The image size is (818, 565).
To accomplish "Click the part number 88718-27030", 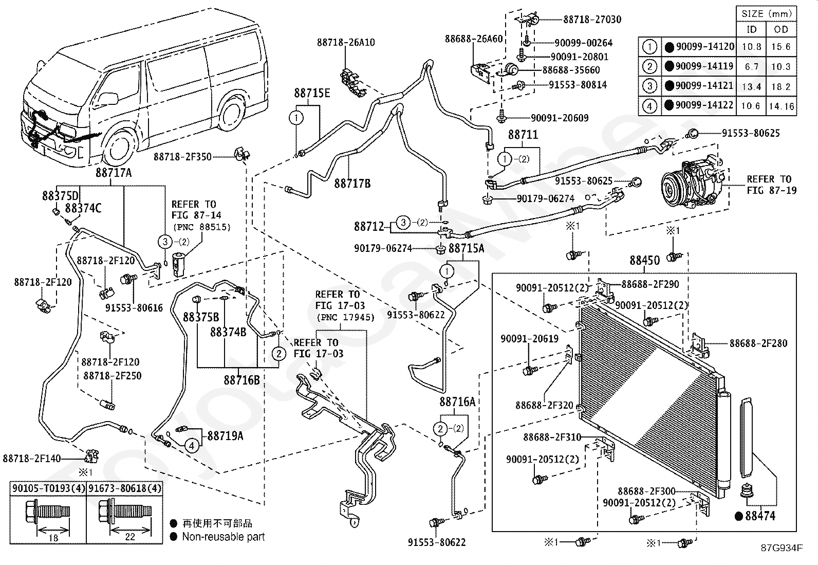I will point(592,20).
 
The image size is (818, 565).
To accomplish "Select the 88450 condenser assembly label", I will point(645,261).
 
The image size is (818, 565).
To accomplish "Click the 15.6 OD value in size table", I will point(781,47).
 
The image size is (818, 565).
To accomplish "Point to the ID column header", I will point(752,29).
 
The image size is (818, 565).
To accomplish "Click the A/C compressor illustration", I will point(694,183).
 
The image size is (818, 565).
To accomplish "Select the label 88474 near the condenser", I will point(760,515).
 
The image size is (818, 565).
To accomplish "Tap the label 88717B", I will point(352,184).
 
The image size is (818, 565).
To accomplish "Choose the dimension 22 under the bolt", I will point(130,537).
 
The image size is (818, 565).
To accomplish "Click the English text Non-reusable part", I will point(224,537).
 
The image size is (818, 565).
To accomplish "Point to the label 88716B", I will point(241,380).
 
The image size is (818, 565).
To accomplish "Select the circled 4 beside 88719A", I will point(191,445).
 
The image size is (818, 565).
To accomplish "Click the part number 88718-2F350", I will point(182,157).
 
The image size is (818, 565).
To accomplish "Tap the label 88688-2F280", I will point(758,343).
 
